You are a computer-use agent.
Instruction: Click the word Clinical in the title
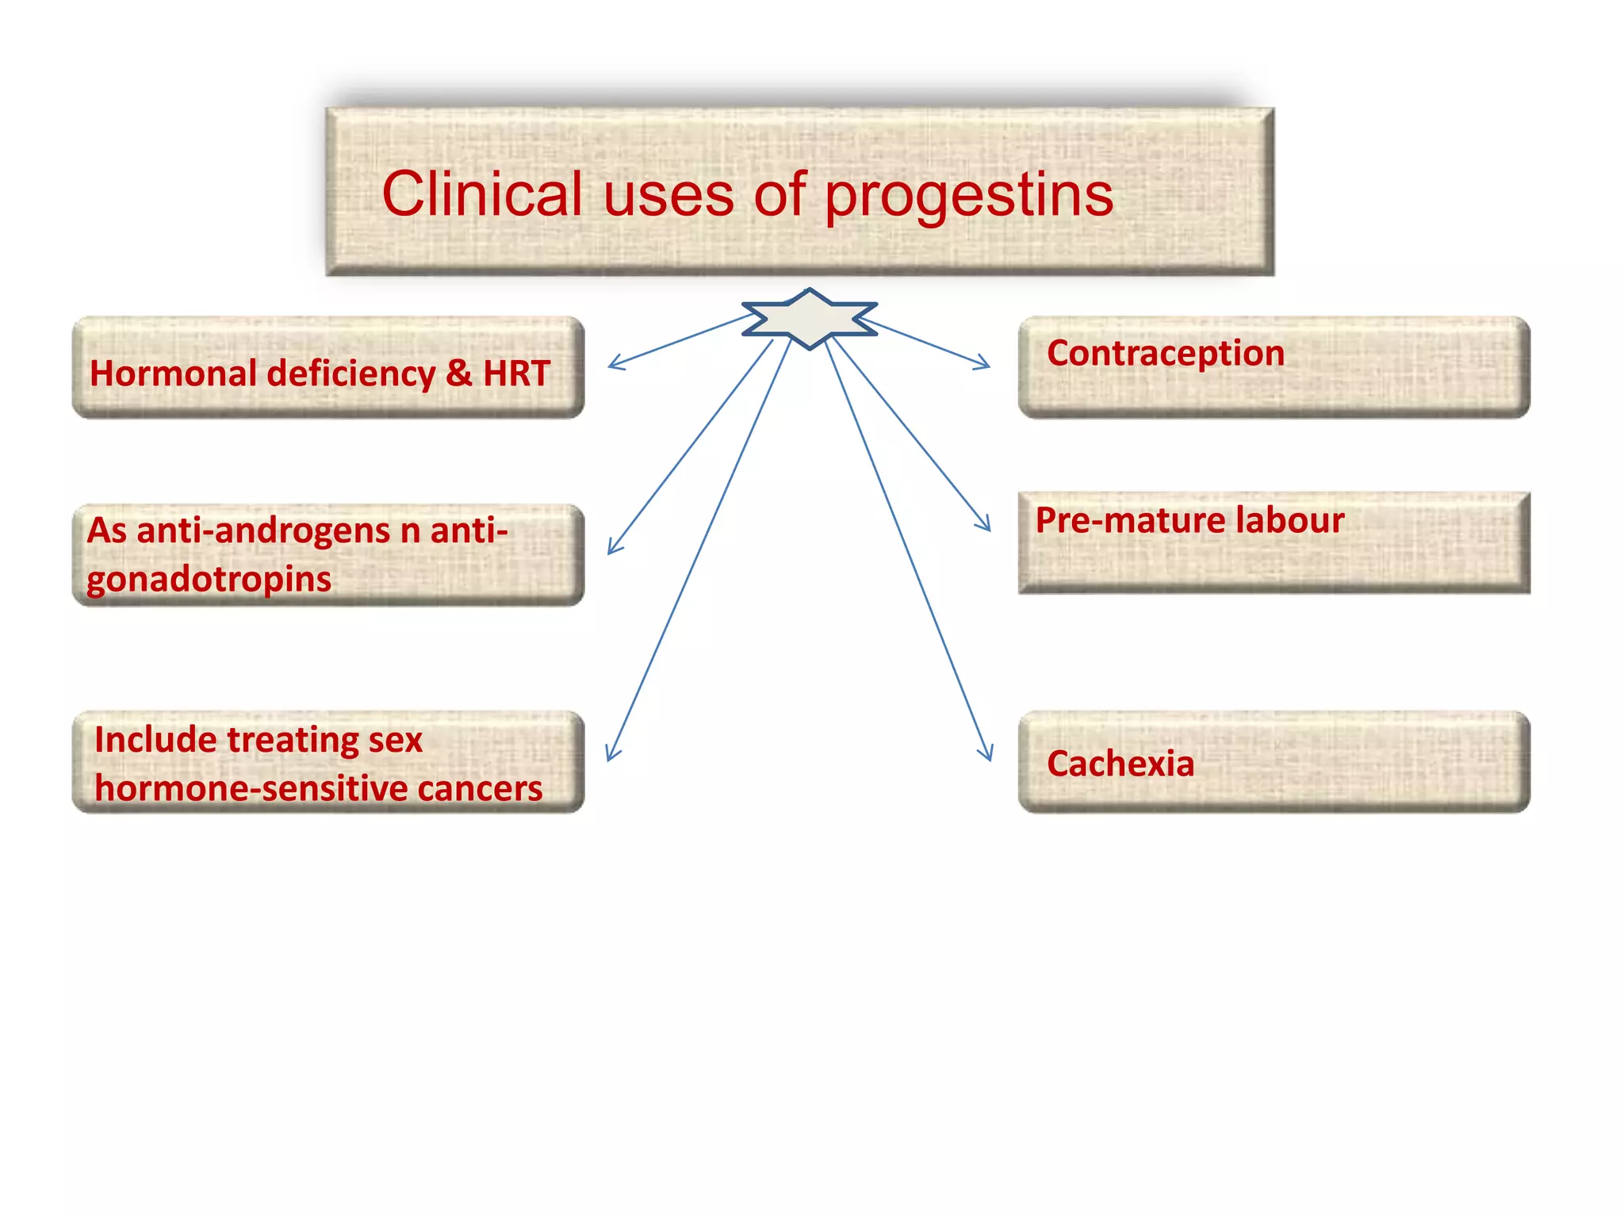point(481,194)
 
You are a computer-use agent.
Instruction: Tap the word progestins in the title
point(969,197)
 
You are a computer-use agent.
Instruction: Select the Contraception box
point(1274,367)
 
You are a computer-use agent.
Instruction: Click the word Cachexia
point(1120,764)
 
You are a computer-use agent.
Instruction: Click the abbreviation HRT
point(516,373)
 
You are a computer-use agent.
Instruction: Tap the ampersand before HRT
point(458,373)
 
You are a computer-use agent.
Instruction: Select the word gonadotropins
point(209,580)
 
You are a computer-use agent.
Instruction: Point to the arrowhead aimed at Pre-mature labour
point(985,523)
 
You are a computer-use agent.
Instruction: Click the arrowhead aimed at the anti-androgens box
point(613,546)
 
